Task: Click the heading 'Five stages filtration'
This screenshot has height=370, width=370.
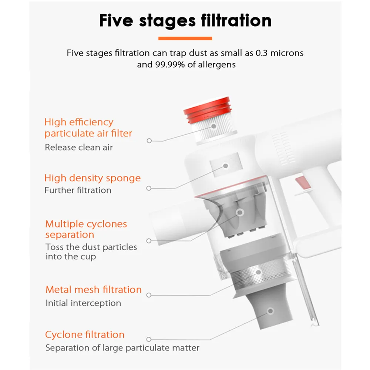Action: pyautogui.click(x=185, y=20)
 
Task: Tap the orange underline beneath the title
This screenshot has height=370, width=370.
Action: pyautogui.click(x=185, y=38)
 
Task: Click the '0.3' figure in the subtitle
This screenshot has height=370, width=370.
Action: pyautogui.click(x=262, y=53)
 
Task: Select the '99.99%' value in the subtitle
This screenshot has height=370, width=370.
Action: pyautogui.click(x=170, y=65)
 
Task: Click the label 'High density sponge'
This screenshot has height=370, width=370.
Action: pyautogui.click(x=92, y=178)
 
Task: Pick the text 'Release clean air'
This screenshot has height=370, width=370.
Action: pyautogui.click(x=79, y=148)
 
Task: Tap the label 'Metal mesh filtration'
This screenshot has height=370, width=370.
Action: pyautogui.click(x=94, y=290)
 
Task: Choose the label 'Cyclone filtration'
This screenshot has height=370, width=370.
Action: pyautogui.click(x=85, y=334)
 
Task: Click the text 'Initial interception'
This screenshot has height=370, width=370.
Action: pyautogui.click(x=83, y=303)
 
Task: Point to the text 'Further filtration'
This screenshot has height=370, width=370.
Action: pyautogui.click(x=78, y=190)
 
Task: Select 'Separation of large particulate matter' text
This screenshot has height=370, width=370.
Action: pyautogui.click(x=122, y=348)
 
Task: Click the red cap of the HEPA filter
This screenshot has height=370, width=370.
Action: pyautogui.click(x=208, y=110)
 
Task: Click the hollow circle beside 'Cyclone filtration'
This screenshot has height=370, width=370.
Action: pyautogui.click(x=149, y=339)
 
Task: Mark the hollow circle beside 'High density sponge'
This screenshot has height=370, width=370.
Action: pyautogui.click(x=149, y=188)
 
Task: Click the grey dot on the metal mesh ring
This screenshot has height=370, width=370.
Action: pyautogui.click(x=258, y=272)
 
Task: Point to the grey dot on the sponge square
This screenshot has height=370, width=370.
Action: pyautogui.click(x=226, y=166)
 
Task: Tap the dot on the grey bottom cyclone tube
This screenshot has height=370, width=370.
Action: pyautogui.click(x=271, y=311)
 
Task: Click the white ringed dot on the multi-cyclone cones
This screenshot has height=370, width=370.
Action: pyautogui.click(x=240, y=212)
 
